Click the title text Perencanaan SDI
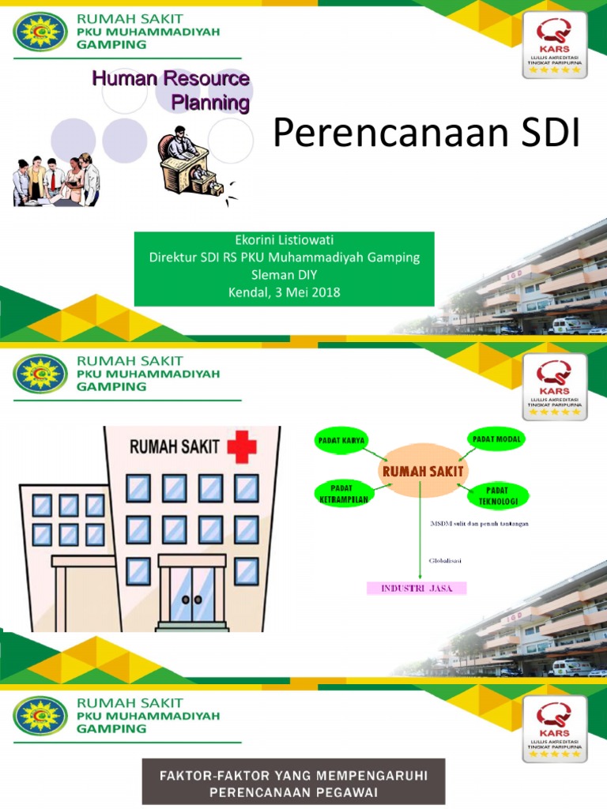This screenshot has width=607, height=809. click(x=426, y=135)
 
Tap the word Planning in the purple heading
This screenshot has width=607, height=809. click(x=210, y=103)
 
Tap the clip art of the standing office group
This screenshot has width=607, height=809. click(x=56, y=180)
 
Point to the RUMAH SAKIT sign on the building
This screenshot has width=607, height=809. click(x=175, y=448)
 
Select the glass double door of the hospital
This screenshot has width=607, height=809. click(x=192, y=595)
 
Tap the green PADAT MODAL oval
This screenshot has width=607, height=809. click(x=499, y=438)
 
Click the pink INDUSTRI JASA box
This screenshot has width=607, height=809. click(x=417, y=588)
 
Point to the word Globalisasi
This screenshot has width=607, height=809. click(x=445, y=561)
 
